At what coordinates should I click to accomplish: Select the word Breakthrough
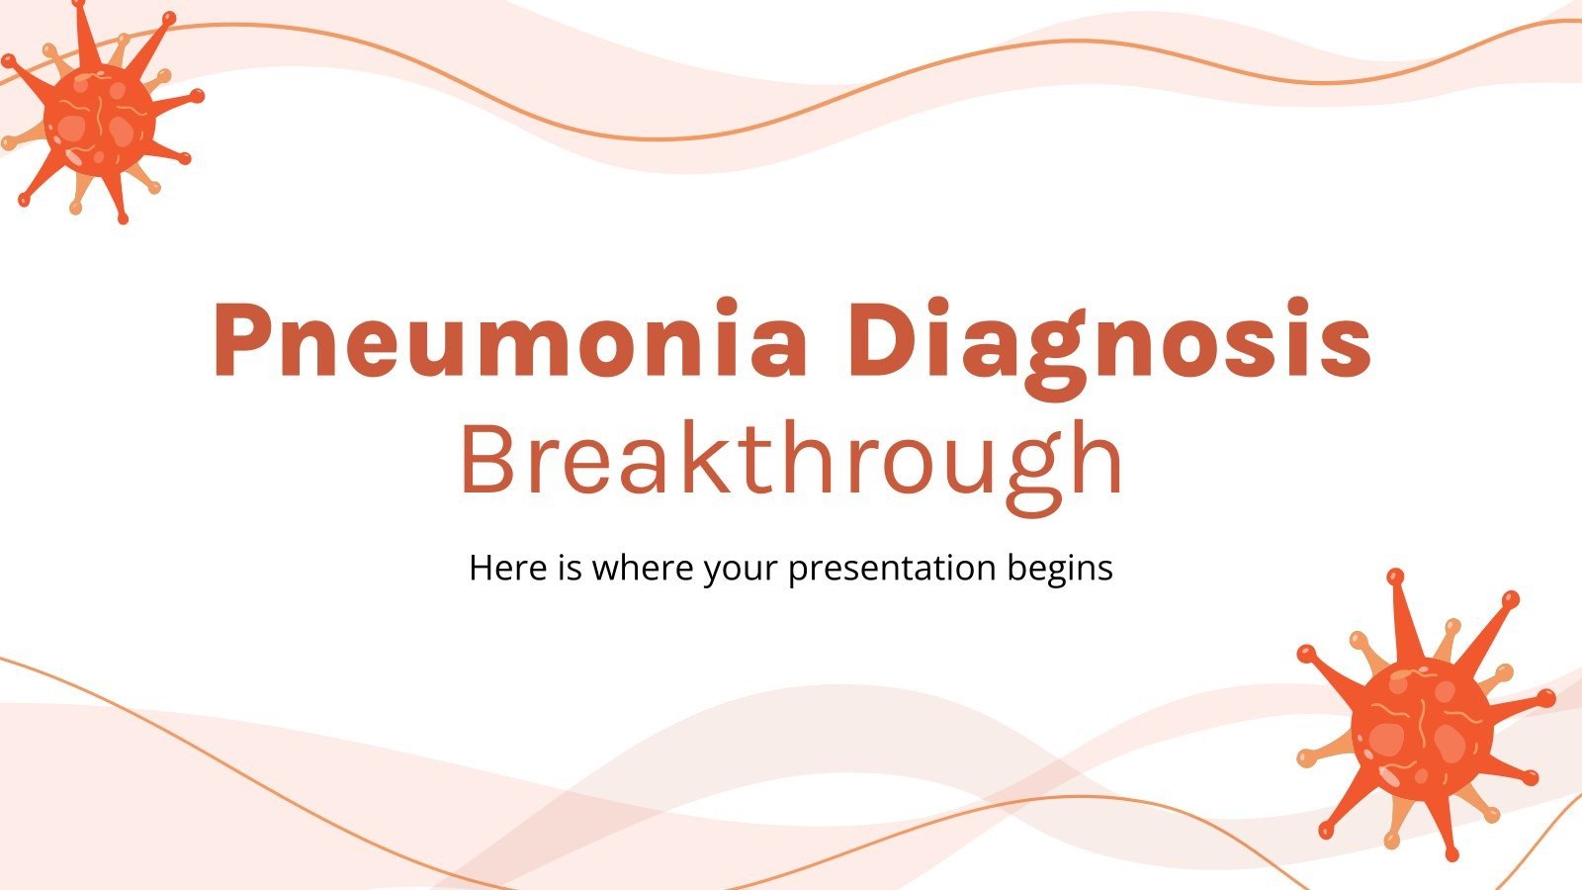[792, 461]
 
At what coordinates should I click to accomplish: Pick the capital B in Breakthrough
[490, 461]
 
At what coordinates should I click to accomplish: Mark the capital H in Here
[481, 569]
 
